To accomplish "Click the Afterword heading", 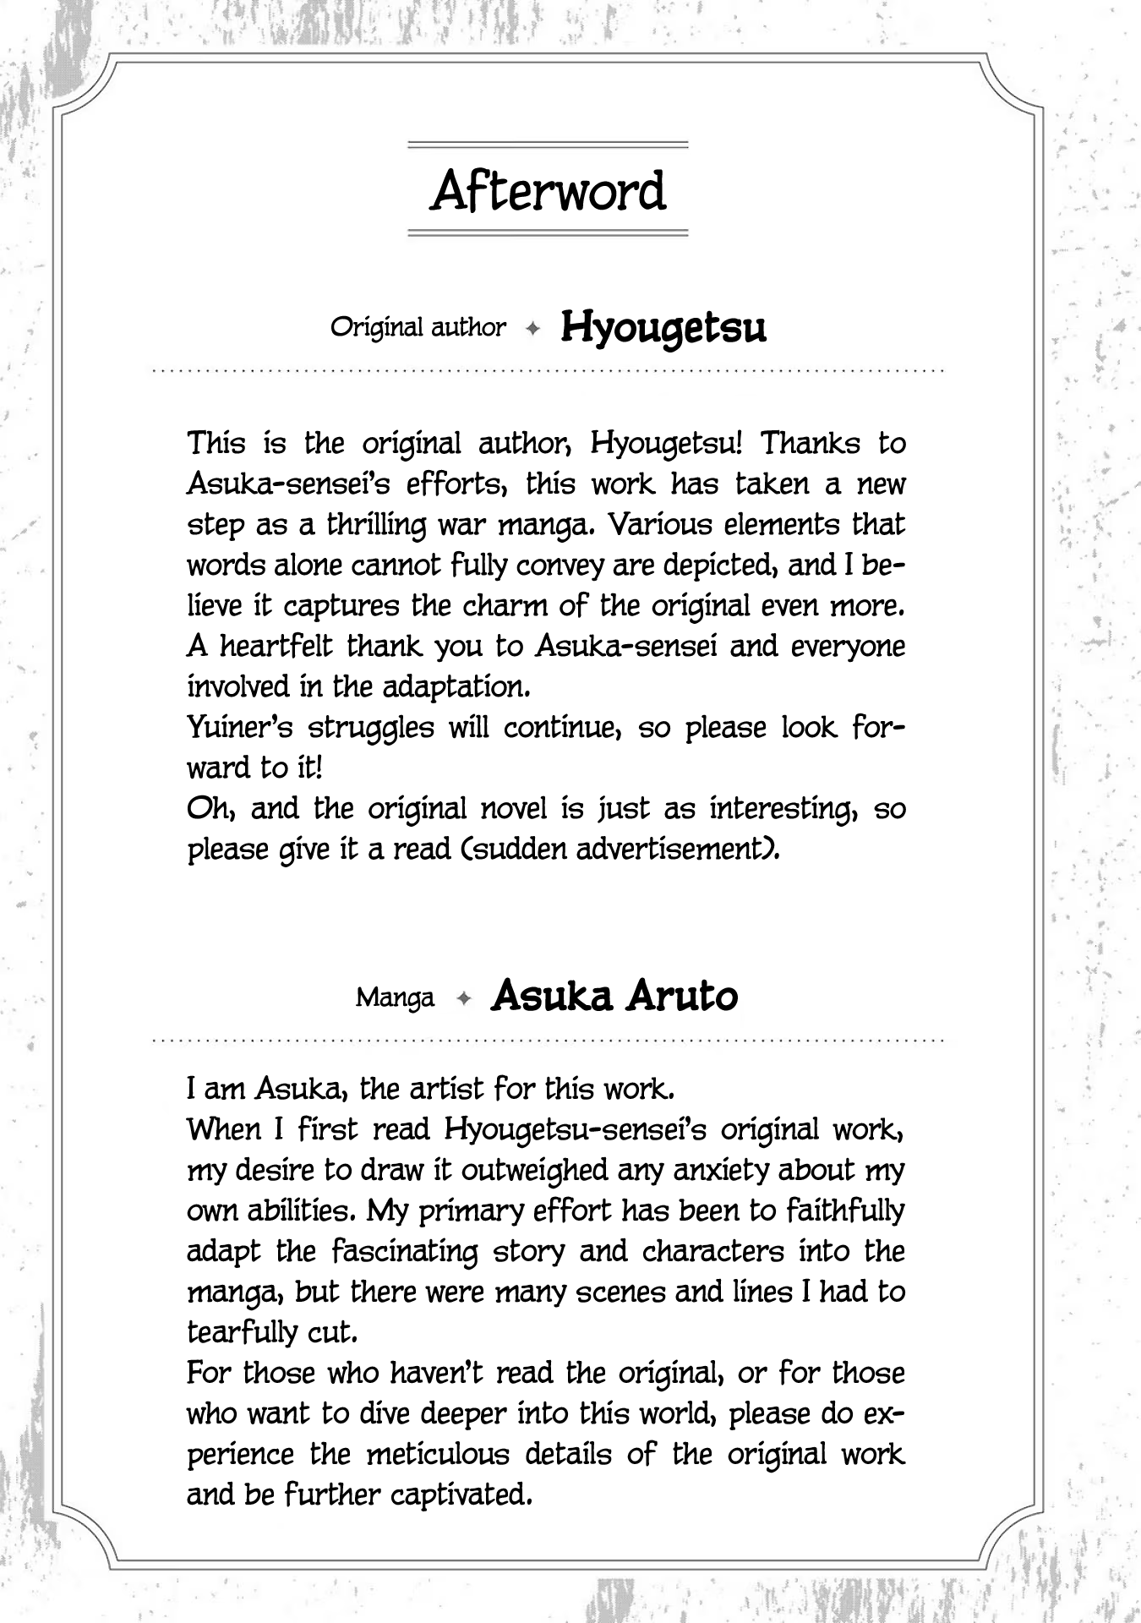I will point(549,191).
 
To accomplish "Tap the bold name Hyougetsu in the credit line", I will point(663,327).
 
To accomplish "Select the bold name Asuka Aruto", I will point(614,997).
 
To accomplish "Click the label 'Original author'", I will point(418,327).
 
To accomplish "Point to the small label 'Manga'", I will point(395,997).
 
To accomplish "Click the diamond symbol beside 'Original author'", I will point(532,329).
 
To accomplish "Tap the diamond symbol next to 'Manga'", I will point(462,998).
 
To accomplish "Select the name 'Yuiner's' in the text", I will point(239,728).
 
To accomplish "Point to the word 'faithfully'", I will point(845,1210).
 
